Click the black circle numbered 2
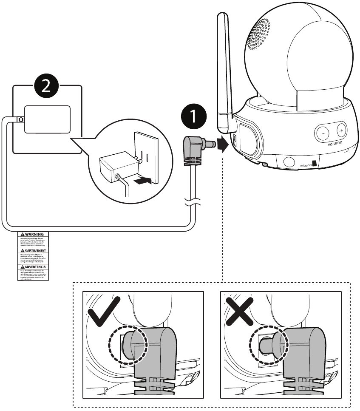(x=48, y=85)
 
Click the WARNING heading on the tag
(x=34, y=235)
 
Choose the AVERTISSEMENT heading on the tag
(x=34, y=250)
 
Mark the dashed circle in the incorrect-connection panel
(x=269, y=346)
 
